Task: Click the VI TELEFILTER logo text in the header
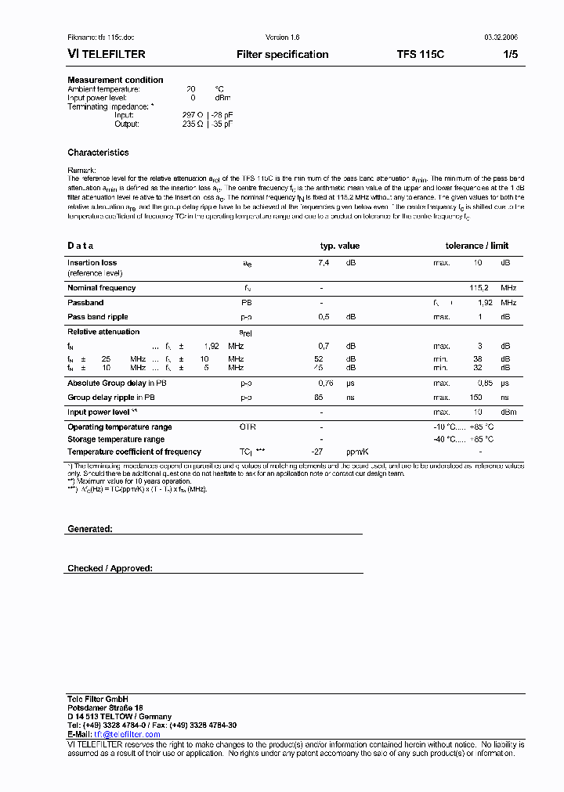[x=107, y=55]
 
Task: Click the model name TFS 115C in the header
[x=421, y=55]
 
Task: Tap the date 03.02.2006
[x=496, y=38]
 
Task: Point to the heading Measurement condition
[x=115, y=80]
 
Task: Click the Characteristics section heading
[x=98, y=153]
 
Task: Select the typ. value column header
[x=339, y=246]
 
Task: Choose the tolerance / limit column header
[x=477, y=246]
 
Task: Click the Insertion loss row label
[x=92, y=263]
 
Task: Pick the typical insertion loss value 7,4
[x=323, y=263]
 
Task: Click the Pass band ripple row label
[x=97, y=317]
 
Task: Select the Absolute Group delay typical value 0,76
[x=325, y=383]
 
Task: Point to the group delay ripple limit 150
[x=475, y=398]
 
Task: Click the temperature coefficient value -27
[x=318, y=452]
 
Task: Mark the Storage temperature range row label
[x=116, y=439]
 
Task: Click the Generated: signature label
[x=90, y=529]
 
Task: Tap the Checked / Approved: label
[x=110, y=568]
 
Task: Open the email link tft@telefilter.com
[x=127, y=734]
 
